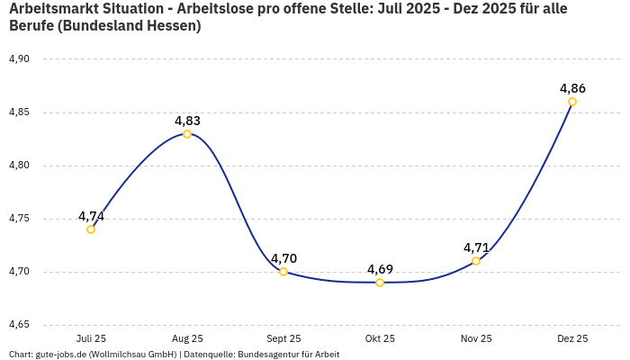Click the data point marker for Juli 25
tap(91, 229)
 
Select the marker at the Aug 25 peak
tap(187, 134)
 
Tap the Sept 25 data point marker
tap(283, 272)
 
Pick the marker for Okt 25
tap(380, 283)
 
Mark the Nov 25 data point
tap(476, 261)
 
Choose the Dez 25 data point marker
tap(572, 102)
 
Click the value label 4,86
tap(572, 88)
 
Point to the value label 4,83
tap(187, 121)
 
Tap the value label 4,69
tap(380, 269)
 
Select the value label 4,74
tap(91, 216)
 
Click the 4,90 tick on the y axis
tap(19, 59)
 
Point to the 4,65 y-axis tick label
tap(19, 325)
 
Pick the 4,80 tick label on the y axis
tap(19, 166)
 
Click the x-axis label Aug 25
tap(187, 339)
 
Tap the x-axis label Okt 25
tap(380, 339)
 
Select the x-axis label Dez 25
tap(572, 339)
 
